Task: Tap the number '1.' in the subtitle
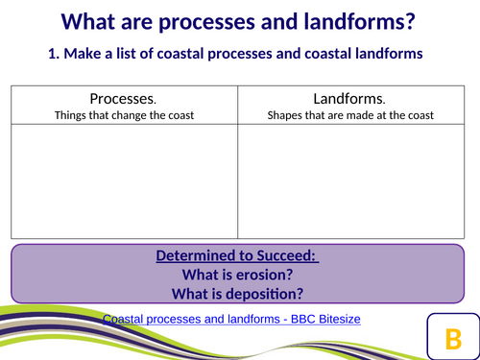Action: (x=56, y=55)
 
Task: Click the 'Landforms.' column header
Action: (x=350, y=99)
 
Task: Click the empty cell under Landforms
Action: (x=350, y=182)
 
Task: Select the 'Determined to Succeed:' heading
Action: (x=237, y=257)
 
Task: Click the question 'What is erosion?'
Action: (x=237, y=276)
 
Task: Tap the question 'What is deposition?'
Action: (x=237, y=294)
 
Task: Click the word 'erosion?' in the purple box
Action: (x=262, y=276)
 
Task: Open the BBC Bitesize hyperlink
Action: (x=230, y=318)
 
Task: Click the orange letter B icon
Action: (x=452, y=337)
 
